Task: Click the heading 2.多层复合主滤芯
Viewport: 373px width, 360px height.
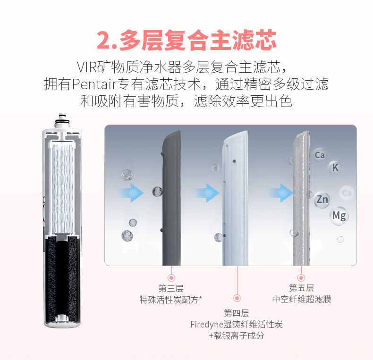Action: click(186, 40)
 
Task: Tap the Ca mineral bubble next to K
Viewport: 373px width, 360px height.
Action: click(320, 155)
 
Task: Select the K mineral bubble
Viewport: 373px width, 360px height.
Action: click(335, 167)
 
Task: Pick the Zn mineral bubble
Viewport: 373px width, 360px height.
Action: click(322, 199)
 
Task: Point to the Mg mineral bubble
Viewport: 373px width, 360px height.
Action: click(339, 216)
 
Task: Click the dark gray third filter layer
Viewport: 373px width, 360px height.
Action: click(171, 198)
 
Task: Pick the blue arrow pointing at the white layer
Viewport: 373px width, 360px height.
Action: click(206, 193)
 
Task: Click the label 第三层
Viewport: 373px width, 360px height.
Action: click(170, 288)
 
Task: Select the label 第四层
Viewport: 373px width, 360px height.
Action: click(237, 313)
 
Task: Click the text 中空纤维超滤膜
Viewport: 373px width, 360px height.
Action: click(301, 299)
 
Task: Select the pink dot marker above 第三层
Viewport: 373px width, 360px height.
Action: click(171, 278)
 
